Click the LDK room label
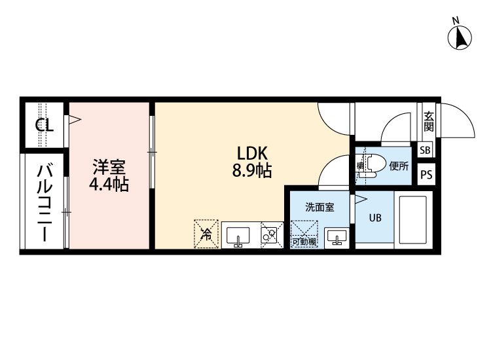click(x=252, y=154)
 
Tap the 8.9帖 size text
click(x=252, y=171)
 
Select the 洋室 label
click(x=109, y=167)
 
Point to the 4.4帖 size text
click(x=109, y=185)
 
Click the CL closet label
click(x=45, y=126)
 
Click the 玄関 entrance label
click(x=429, y=121)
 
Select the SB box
click(x=425, y=151)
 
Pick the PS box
click(x=426, y=174)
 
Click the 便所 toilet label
click(x=399, y=166)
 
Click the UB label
click(x=375, y=217)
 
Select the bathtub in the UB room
click(x=413, y=220)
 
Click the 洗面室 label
click(x=319, y=207)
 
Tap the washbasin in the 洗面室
click(x=337, y=238)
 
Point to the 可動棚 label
click(x=304, y=242)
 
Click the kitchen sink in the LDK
click(x=238, y=236)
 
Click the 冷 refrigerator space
click(x=206, y=234)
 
